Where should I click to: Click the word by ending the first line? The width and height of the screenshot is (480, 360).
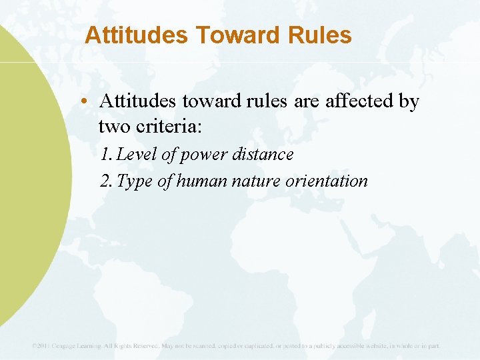click(408, 101)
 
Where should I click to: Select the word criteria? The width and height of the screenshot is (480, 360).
click(165, 127)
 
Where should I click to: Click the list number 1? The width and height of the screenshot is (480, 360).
click(105, 155)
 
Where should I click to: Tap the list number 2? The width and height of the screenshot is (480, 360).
click(105, 181)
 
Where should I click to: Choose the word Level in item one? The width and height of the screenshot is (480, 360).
click(137, 155)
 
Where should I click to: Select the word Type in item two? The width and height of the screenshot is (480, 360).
click(135, 181)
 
